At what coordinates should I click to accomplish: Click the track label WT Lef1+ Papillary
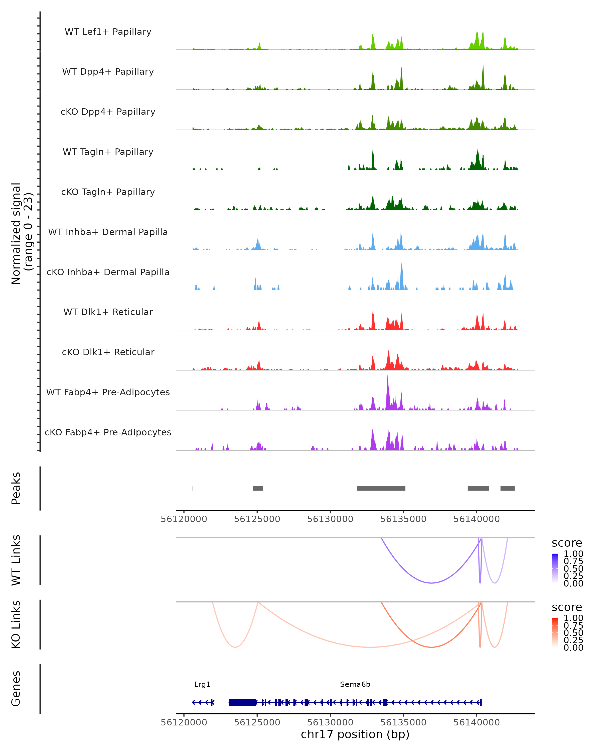click(x=108, y=32)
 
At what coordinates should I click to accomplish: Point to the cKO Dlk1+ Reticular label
click(x=108, y=352)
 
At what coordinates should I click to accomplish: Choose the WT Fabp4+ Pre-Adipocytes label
click(x=108, y=392)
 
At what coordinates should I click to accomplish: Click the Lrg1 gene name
click(x=202, y=684)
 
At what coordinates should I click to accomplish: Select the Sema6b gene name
click(x=355, y=684)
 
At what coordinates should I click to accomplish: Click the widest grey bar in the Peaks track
click(x=381, y=488)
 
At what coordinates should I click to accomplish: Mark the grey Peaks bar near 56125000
click(x=258, y=488)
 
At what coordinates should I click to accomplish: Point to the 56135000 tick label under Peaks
click(x=403, y=519)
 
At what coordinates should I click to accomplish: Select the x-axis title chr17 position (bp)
click(x=355, y=734)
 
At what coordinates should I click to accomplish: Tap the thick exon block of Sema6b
click(x=242, y=702)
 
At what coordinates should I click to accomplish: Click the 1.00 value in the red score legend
click(x=573, y=618)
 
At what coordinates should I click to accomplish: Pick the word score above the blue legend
click(x=567, y=543)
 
